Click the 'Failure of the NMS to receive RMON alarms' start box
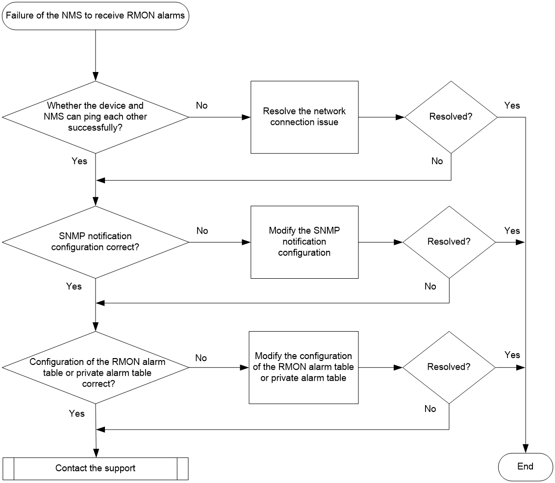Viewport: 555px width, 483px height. coord(96,16)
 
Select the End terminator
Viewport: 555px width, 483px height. coord(525,467)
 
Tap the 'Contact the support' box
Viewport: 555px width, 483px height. coord(96,468)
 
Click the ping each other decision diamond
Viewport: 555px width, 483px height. coord(96,117)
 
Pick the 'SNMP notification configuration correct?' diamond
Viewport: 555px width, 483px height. coord(96,242)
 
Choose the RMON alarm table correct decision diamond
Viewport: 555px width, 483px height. coord(96,367)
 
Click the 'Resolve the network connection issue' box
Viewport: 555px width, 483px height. coord(304,117)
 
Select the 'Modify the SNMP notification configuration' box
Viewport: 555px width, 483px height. coord(304,242)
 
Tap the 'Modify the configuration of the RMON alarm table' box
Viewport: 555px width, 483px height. coord(303,367)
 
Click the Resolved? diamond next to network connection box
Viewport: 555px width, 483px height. coord(451,117)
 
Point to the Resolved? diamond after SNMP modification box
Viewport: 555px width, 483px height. coord(449,242)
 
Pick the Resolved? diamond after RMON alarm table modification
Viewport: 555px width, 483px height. coord(449,367)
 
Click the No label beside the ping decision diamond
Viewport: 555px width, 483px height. coord(202,105)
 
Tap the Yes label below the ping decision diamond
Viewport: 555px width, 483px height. coord(79,161)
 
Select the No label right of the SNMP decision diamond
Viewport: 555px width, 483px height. coord(202,231)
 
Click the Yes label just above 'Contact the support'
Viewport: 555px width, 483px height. coord(77,413)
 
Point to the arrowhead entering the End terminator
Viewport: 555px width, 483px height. coord(525,449)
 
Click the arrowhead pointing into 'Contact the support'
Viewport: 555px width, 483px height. coord(96,453)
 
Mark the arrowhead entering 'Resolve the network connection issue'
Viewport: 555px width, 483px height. coord(246,117)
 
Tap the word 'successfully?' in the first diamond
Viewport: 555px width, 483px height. coord(95,128)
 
